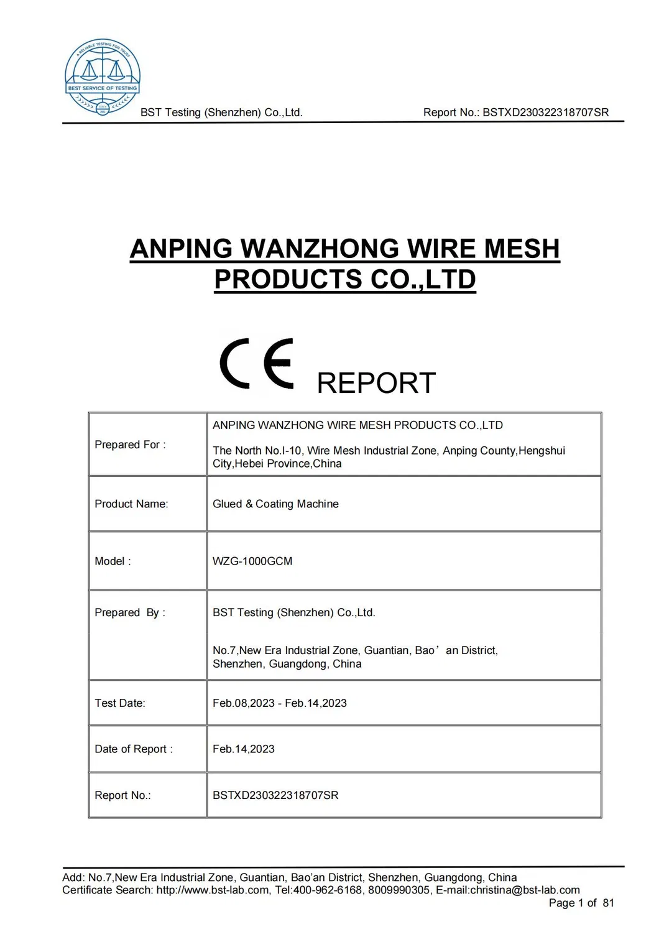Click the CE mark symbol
pos(256,364)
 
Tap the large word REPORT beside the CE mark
pos(376,383)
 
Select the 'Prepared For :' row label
pos(130,445)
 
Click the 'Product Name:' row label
pos(131,504)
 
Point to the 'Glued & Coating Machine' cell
pos(275,504)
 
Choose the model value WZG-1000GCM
pos(252,561)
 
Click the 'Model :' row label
pos(113,561)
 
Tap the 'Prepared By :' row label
pos(130,612)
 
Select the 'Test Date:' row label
pos(120,703)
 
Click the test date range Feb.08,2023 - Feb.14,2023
pos(280,703)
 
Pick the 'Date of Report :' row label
pos(134,749)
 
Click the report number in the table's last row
pos(275,795)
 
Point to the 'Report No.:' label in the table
pos(122,795)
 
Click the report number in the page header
pos(546,113)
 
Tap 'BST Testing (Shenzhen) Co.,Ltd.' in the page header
pos(221,113)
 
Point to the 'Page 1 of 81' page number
pos(581,903)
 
